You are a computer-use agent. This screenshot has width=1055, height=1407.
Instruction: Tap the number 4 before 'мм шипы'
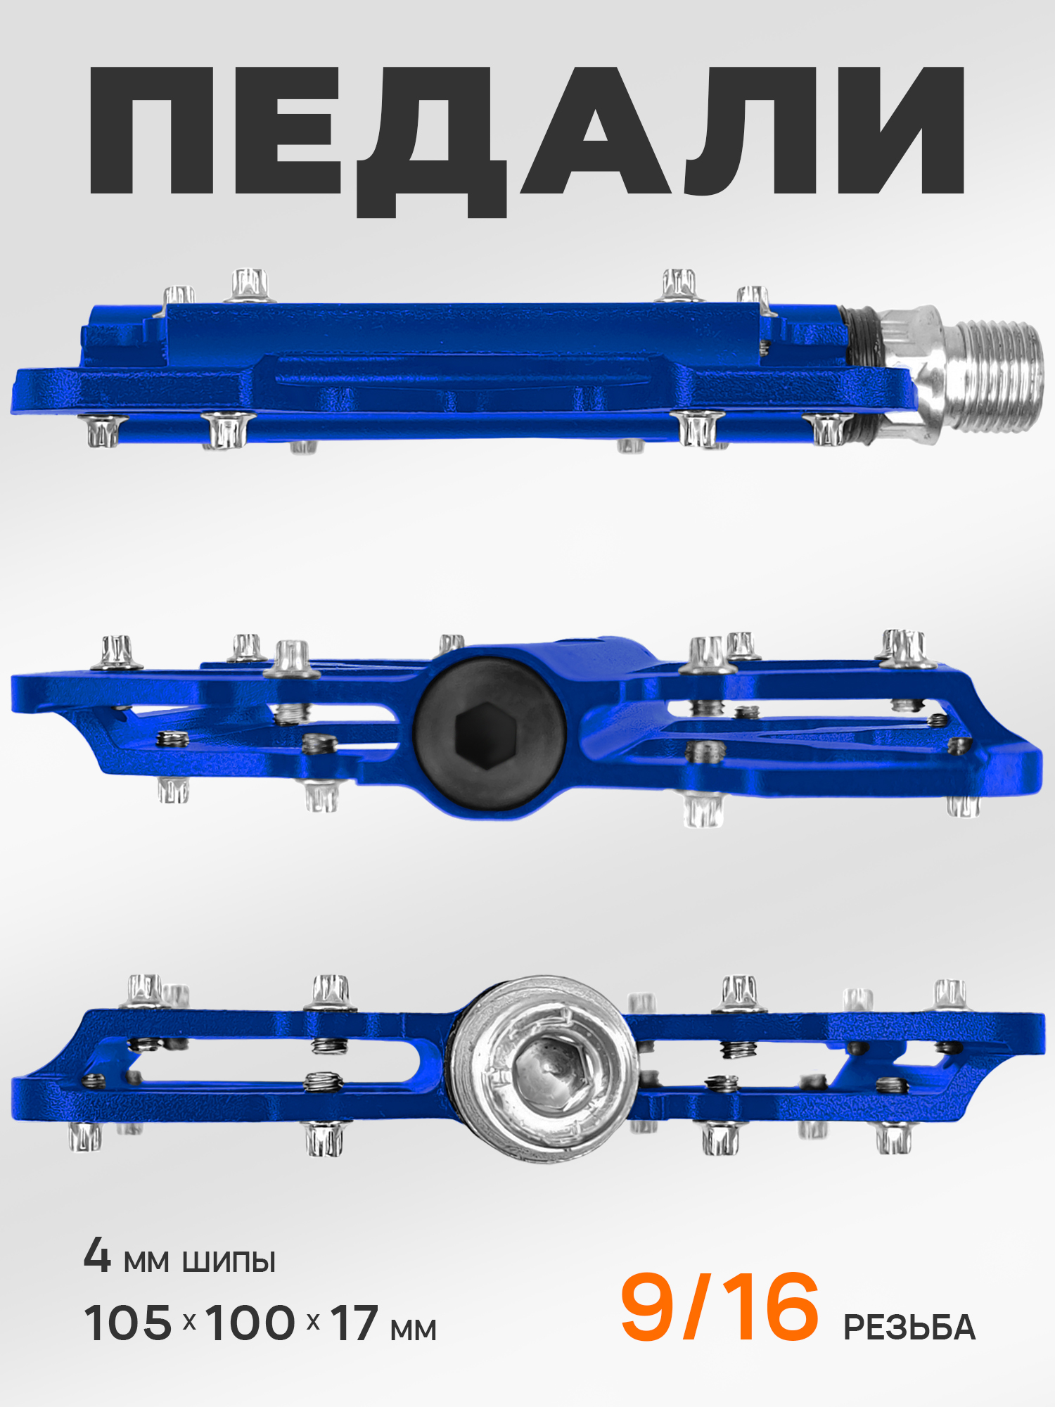coord(97,1256)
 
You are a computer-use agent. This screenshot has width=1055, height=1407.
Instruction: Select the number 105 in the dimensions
coord(128,1323)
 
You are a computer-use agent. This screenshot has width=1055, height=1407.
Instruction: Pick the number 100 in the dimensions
coord(250,1323)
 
